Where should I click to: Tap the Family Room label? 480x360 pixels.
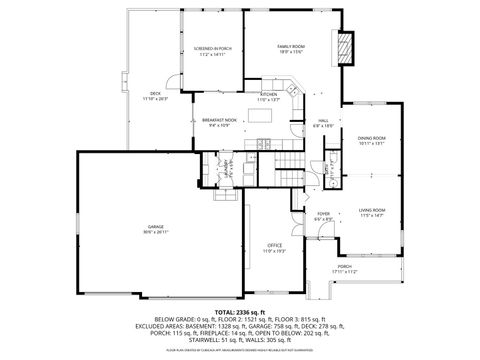pos(290,46)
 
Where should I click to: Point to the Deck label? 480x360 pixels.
pos(156,93)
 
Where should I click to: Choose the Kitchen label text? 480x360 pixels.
pos(269,95)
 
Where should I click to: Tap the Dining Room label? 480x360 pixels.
pos(372,138)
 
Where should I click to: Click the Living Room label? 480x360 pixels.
pos(372,209)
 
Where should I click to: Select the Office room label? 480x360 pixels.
pos(274,245)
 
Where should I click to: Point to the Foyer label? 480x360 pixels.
pos(324,214)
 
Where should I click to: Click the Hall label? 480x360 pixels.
pos(324,120)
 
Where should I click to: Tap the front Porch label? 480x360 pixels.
pos(344,266)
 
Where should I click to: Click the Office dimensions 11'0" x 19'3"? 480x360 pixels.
pos(274,251)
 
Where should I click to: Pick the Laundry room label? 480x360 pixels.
pos(226,167)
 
